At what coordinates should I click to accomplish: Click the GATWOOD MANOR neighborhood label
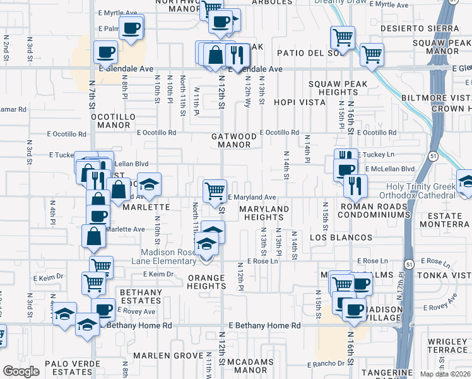click(x=234, y=140)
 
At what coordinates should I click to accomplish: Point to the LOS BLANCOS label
click(x=341, y=237)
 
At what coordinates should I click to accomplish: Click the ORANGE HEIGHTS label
click(x=206, y=282)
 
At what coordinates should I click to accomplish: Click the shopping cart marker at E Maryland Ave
click(x=215, y=189)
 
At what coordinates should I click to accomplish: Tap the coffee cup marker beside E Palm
click(x=131, y=27)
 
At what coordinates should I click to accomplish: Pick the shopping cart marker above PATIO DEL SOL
click(x=343, y=36)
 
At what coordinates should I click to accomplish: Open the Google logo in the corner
click(x=21, y=371)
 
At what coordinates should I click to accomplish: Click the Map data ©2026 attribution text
click(x=445, y=374)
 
